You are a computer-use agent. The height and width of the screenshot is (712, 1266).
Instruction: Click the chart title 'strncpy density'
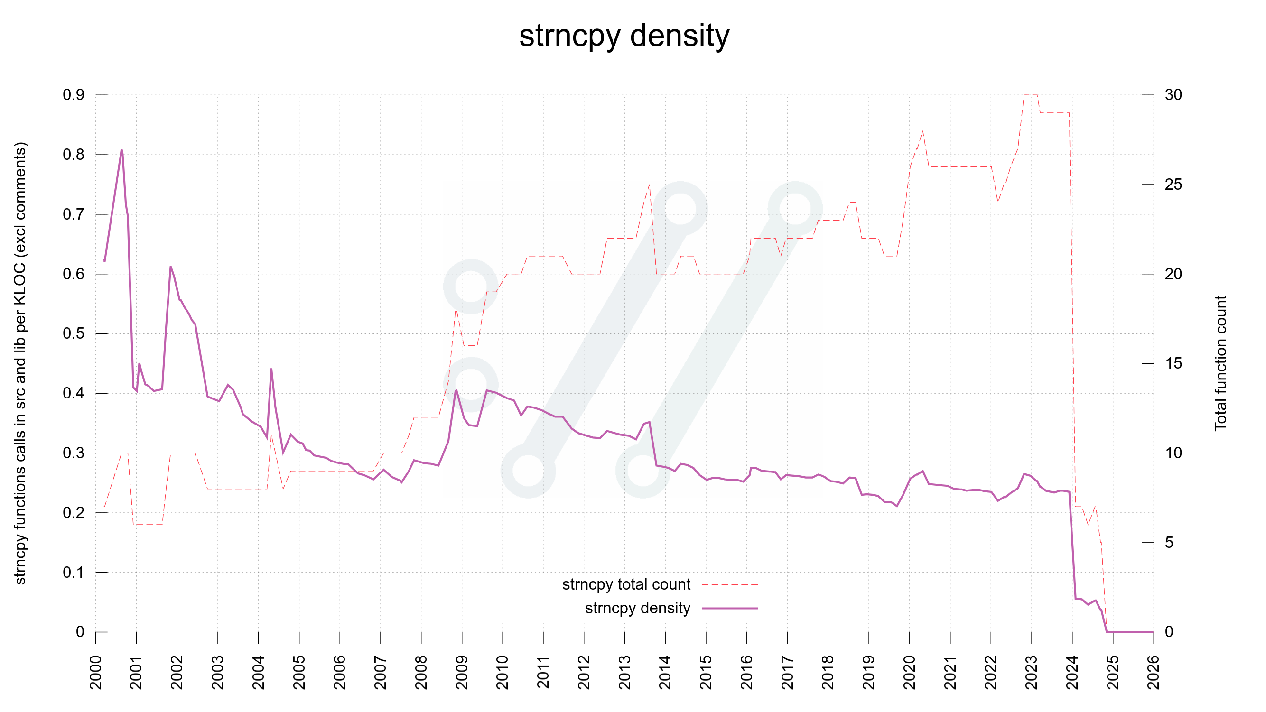click(x=624, y=36)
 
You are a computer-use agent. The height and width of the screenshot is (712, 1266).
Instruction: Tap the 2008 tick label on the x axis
click(x=421, y=672)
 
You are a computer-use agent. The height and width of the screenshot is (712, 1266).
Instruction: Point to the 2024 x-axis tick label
click(x=1072, y=672)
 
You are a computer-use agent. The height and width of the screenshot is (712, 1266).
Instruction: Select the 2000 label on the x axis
click(x=96, y=672)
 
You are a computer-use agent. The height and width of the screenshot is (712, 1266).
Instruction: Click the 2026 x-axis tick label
click(x=1153, y=672)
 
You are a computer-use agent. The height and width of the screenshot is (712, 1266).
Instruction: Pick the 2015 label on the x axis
click(x=706, y=672)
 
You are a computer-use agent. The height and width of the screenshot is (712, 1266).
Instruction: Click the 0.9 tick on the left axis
click(x=74, y=95)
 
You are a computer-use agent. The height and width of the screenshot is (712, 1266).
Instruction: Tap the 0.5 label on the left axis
click(x=74, y=333)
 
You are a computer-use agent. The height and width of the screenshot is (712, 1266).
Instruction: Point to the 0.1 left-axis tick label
click(x=74, y=573)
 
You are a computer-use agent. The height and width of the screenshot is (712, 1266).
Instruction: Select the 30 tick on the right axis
click(x=1173, y=95)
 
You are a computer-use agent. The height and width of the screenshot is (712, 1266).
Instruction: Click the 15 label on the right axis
click(x=1173, y=364)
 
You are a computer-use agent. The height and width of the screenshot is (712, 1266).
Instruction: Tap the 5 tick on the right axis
click(x=1169, y=543)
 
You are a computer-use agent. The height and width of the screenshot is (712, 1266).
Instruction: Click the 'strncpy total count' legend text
click(x=626, y=584)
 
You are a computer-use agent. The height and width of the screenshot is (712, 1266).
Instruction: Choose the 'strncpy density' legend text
click(x=637, y=608)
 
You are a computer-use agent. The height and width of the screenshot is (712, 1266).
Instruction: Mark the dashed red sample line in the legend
click(x=730, y=585)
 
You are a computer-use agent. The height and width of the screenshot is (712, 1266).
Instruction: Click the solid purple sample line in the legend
click(x=730, y=608)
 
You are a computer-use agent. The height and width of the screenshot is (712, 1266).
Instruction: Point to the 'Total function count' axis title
click(x=1221, y=363)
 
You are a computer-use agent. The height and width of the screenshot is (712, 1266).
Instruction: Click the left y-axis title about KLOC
click(x=20, y=363)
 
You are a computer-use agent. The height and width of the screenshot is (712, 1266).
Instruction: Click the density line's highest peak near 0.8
click(x=121, y=150)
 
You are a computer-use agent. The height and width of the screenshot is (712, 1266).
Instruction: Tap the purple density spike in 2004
click(x=271, y=370)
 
